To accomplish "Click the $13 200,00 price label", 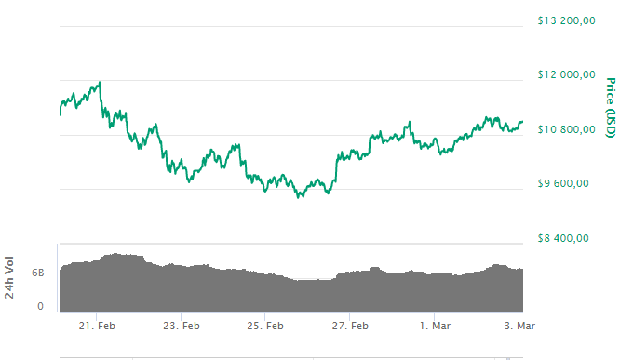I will (566, 21).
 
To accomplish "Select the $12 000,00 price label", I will (566, 75).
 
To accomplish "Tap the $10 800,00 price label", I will (566, 129).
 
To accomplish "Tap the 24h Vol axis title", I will (11, 276).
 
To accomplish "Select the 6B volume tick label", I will (38, 273).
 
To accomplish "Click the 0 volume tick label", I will (41, 306).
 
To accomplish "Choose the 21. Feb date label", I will (97, 326).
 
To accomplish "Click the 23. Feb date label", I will (181, 326).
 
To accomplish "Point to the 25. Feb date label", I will (264, 326).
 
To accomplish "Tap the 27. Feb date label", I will (350, 326).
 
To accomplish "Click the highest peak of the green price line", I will (99, 82).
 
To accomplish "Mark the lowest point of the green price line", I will (299, 197).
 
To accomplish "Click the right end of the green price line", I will (522, 121).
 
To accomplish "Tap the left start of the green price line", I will (59, 114).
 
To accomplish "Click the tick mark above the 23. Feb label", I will (182, 314).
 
